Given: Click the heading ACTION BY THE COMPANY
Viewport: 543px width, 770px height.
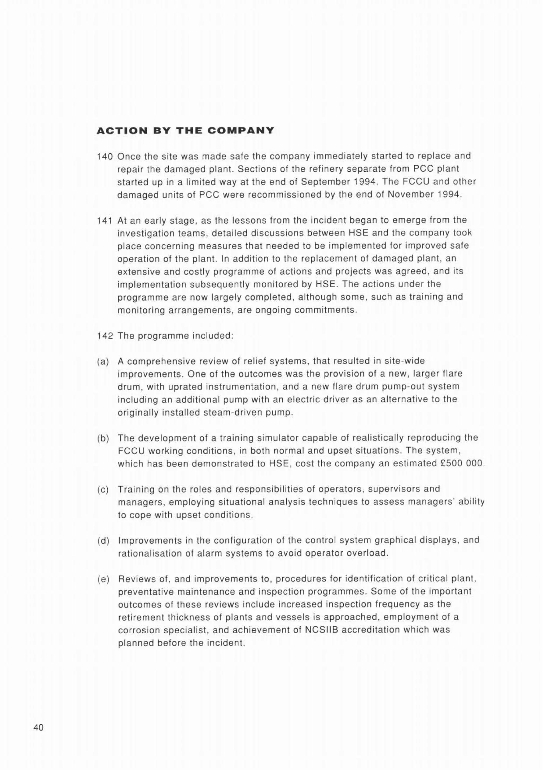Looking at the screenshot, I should click(185, 131).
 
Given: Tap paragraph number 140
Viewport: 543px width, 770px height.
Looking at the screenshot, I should click(104, 157).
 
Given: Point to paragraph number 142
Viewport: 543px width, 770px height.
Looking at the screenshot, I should click(104, 336).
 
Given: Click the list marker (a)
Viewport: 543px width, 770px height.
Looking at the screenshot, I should click(103, 362).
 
